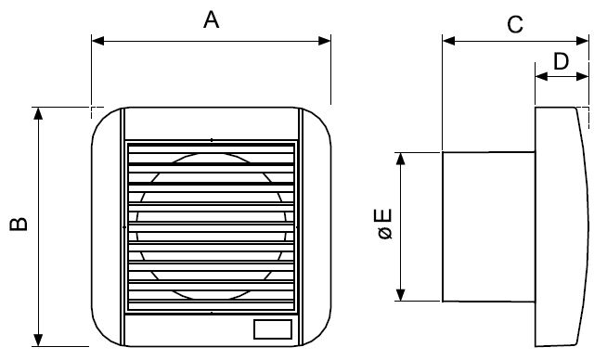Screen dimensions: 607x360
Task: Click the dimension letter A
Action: click(x=211, y=19)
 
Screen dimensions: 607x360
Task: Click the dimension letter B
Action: click(x=19, y=225)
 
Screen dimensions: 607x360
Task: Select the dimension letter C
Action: click(x=515, y=24)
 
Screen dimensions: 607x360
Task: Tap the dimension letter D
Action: click(x=561, y=61)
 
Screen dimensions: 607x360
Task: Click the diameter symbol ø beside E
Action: click(x=385, y=233)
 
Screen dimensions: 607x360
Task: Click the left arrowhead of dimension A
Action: click(x=98, y=41)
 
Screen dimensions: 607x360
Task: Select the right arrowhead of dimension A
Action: click(x=325, y=41)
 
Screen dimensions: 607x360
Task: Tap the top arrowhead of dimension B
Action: click(x=38, y=114)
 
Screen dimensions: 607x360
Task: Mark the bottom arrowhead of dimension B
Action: click(x=38, y=340)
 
